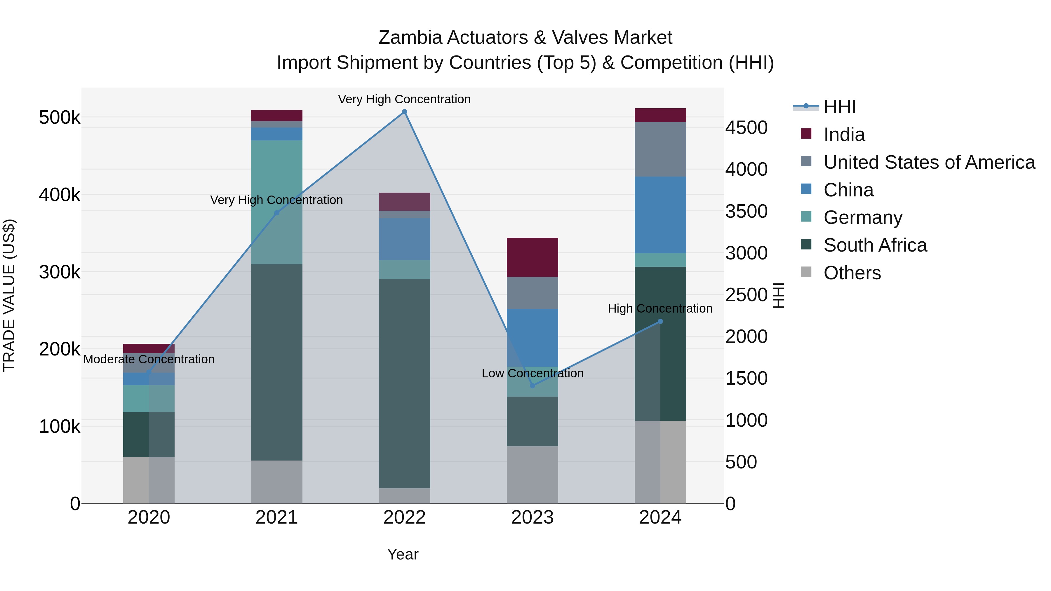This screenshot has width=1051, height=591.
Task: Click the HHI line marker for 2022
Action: point(404,112)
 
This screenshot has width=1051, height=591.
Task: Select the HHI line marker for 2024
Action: point(660,321)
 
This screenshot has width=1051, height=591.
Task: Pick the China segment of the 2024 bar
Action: point(660,215)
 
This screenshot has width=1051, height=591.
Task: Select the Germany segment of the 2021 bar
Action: point(277,171)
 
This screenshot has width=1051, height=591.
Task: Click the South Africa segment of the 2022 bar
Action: point(404,383)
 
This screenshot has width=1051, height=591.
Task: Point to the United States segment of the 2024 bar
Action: point(660,149)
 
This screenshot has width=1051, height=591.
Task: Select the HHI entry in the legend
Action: point(839,107)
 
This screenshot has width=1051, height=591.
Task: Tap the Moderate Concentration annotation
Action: point(149,359)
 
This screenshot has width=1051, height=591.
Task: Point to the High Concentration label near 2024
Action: point(660,309)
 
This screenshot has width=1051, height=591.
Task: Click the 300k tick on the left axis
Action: point(60,272)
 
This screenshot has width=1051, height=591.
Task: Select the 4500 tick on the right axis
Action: point(746,128)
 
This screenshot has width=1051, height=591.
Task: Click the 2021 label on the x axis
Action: point(277,517)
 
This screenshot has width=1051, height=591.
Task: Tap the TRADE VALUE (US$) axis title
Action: point(9,295)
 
